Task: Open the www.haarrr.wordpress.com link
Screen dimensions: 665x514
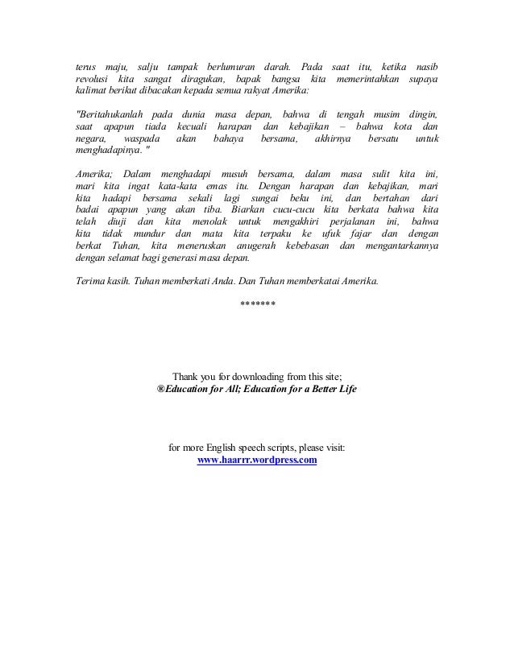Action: coord(257,461)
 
